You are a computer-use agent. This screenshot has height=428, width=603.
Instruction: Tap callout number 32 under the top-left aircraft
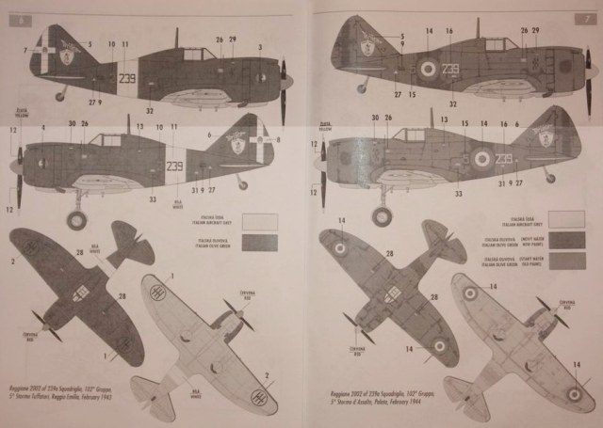coord(150,110)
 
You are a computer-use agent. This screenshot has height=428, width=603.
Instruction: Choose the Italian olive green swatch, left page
coord(259,243)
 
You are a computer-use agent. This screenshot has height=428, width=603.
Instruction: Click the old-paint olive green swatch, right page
coord(565,240)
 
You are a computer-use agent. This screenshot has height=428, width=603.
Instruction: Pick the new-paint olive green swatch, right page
coord(565,261)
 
